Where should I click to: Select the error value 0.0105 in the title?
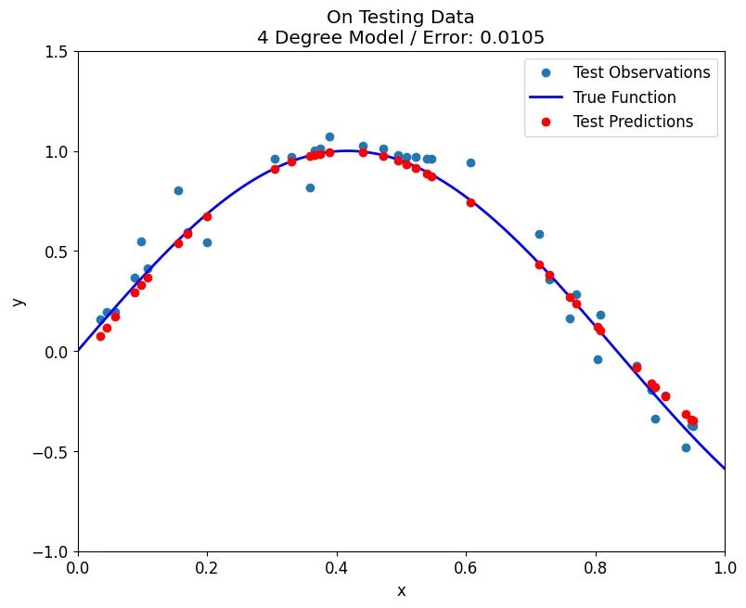[x=510, y=38]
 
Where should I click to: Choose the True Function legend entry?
[x=624, y=97]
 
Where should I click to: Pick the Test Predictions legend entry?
[x=633, y=122]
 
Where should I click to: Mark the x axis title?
[x=401, y=591]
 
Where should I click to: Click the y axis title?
[x=19, y=302]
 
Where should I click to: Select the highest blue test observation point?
[x=329, y=136]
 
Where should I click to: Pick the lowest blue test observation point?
[x=686, y=447]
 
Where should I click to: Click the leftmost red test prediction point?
[x=100, y=336]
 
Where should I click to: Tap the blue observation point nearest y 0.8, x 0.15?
[x=178, y=190]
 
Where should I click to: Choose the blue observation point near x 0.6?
[x=470, y=162]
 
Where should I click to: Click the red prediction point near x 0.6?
[x=470, y=202]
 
